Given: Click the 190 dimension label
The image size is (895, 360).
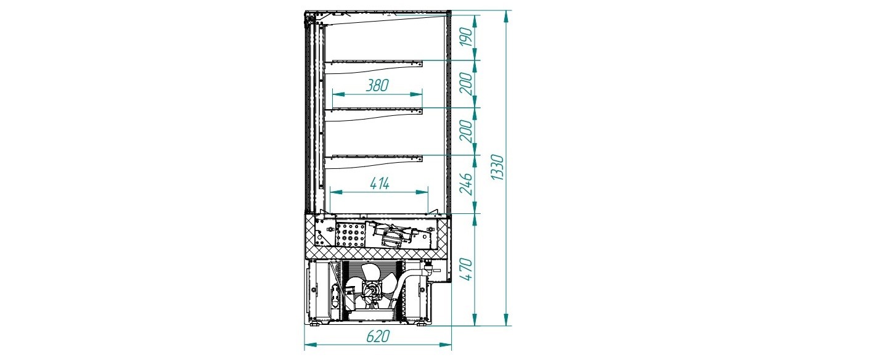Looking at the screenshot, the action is (467, 37).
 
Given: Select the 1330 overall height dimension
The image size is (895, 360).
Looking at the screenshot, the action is (498, 168).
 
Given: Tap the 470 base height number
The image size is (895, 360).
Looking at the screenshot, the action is (467, 269).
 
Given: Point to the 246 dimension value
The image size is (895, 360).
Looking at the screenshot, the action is (467, 184).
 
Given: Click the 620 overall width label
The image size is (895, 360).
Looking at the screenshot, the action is (378, 337).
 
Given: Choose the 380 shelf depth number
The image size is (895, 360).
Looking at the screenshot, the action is (378, 85).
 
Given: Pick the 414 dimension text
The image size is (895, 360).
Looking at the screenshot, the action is (380, 184).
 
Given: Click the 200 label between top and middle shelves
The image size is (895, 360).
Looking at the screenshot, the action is (467, 83).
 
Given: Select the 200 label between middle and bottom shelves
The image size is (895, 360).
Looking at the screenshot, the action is (467, 131).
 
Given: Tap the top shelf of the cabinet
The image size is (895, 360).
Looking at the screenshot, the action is (375, 63).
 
